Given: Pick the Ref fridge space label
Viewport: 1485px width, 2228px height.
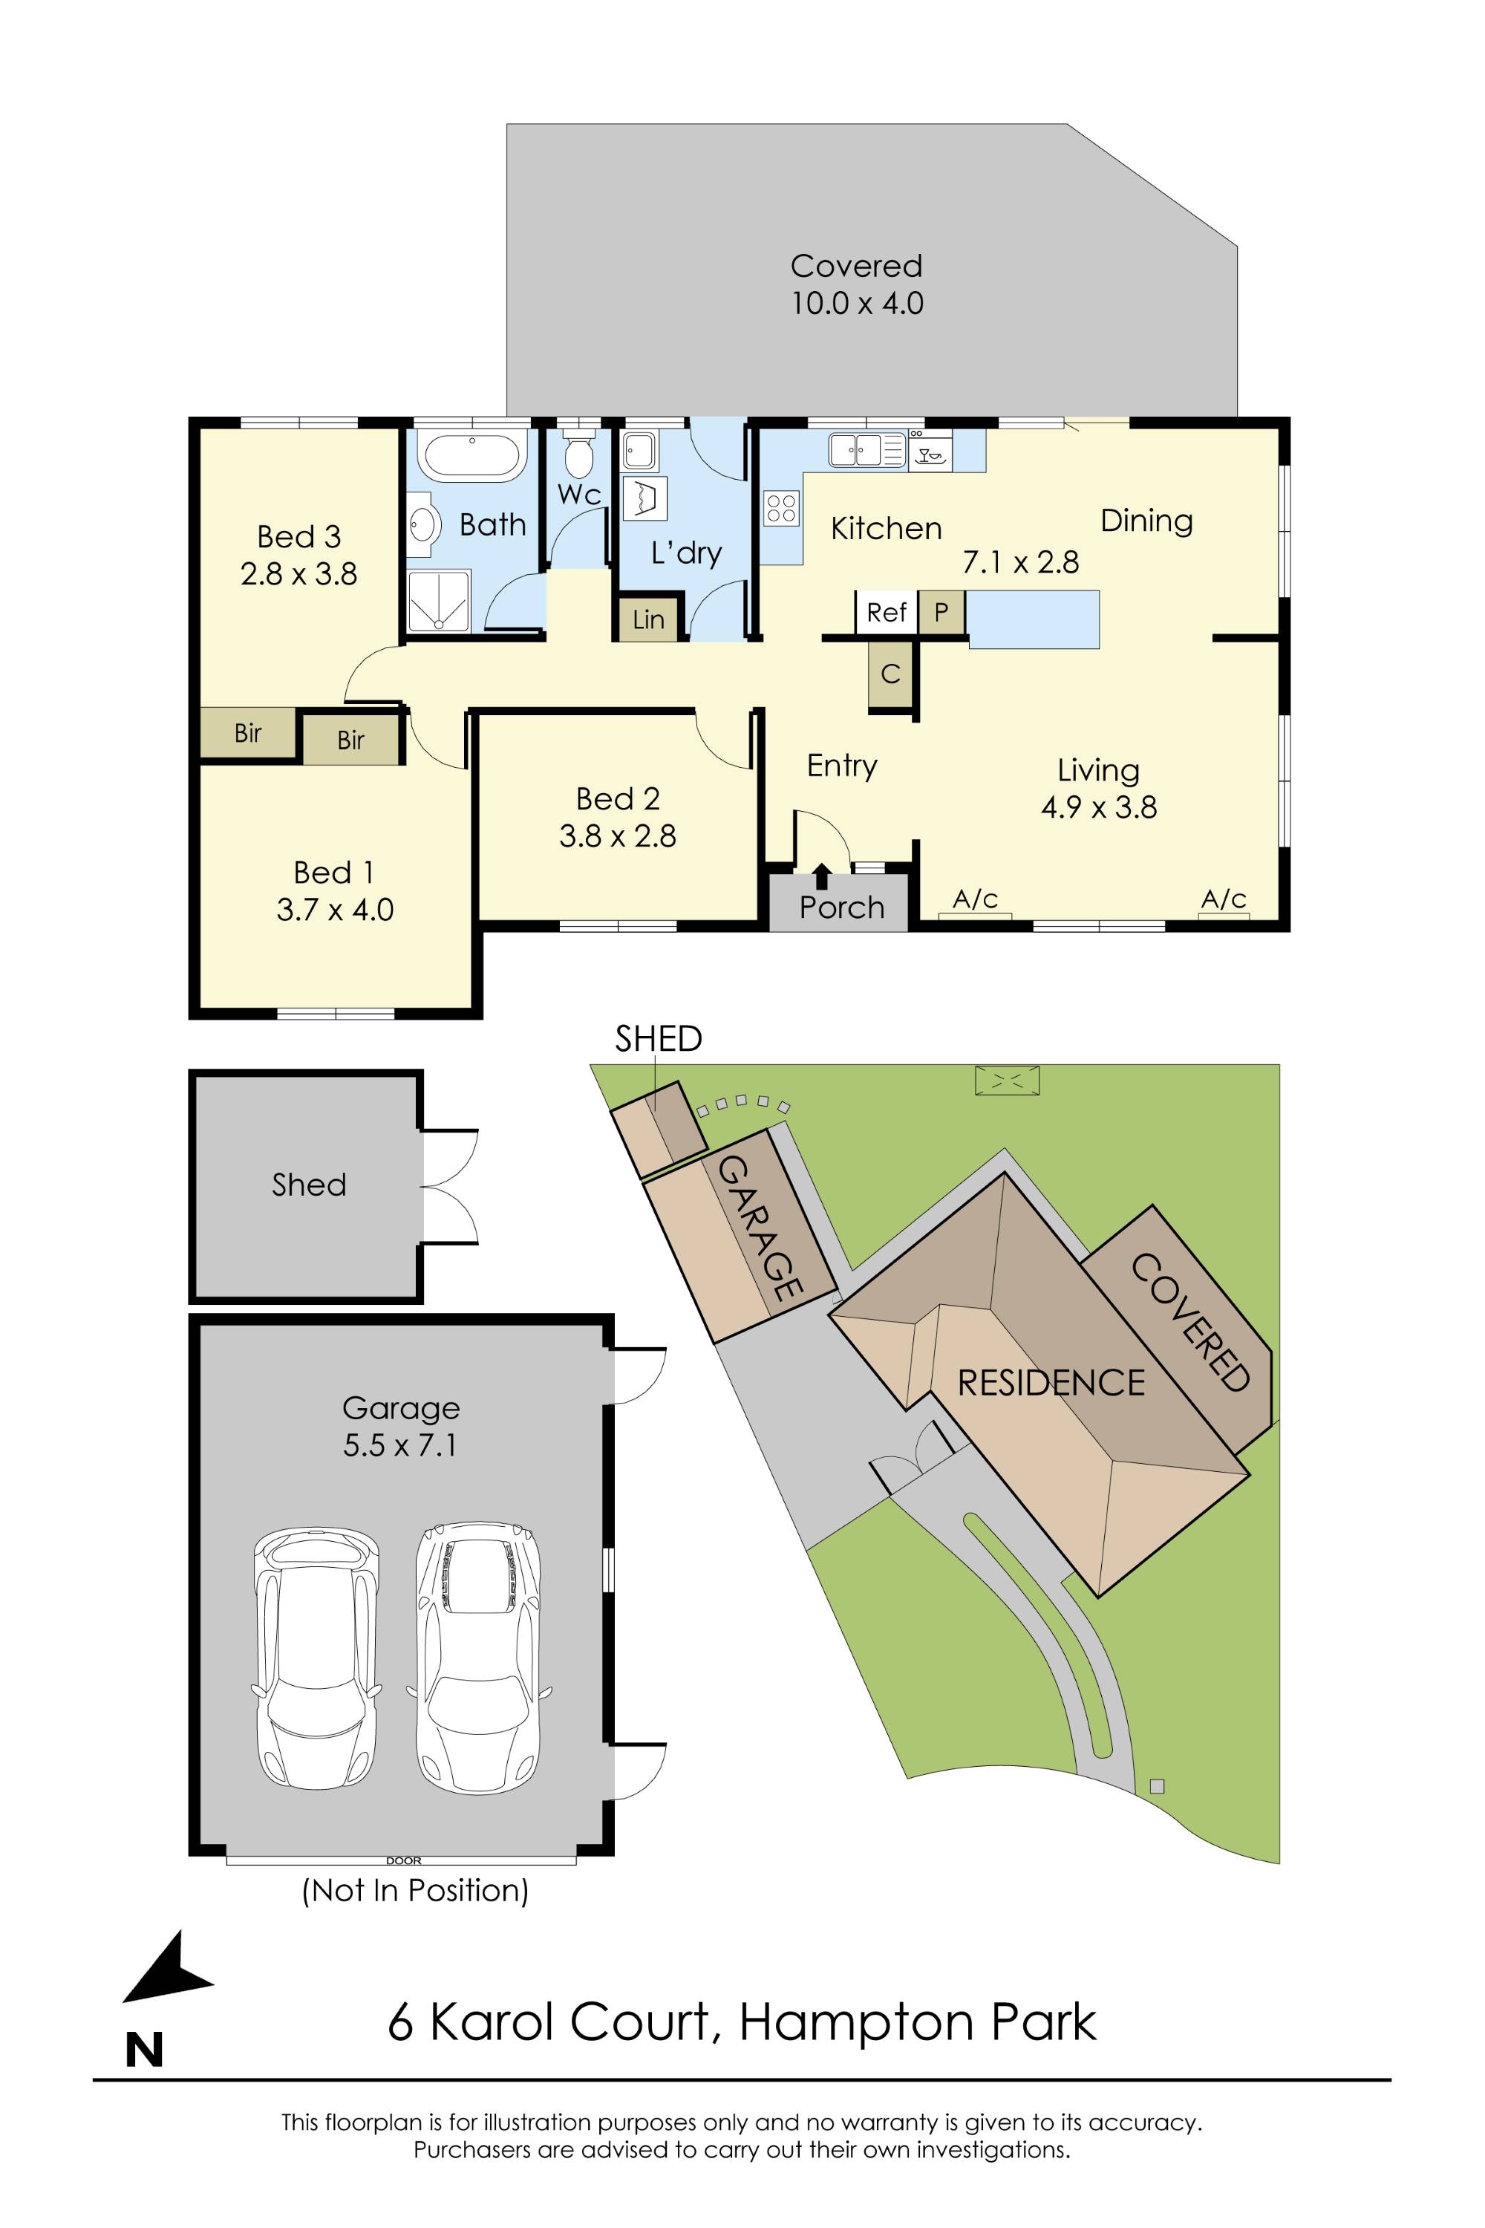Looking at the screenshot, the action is [887, 613].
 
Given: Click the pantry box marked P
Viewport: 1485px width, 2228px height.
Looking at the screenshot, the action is [941, 613].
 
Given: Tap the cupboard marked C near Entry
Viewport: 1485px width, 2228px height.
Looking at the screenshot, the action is [890, 674].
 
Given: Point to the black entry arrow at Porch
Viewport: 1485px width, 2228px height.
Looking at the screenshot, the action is [822, 876].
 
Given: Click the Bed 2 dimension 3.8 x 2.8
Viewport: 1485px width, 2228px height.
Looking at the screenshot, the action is [618, 836].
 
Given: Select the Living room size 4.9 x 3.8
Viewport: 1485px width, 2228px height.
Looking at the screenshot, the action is [1099, 807].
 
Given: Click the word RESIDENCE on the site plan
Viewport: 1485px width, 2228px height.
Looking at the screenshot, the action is [1051, 1383].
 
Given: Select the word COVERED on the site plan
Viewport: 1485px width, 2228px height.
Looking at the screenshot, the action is [1190, 1323].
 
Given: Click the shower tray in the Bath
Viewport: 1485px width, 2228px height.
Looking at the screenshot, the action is [439, 601].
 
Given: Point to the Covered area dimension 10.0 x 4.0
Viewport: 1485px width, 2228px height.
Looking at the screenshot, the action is [857, 304].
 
